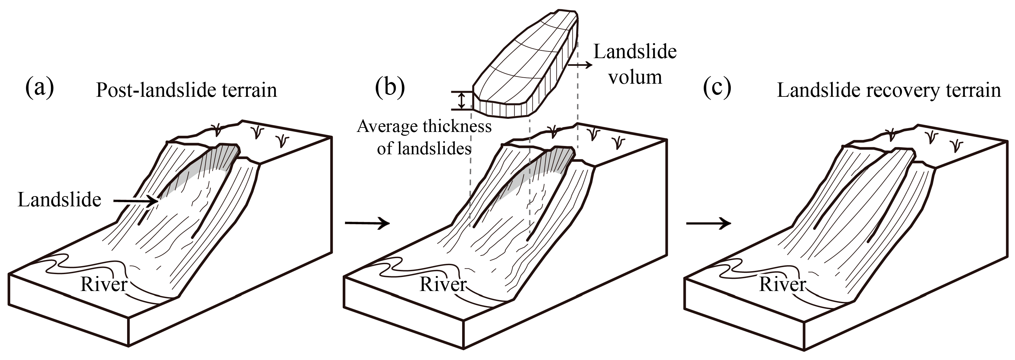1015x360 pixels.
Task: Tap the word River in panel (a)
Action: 103,284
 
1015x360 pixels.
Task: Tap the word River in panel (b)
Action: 443,284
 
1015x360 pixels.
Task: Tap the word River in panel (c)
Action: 782,284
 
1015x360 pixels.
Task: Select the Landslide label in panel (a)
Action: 59,200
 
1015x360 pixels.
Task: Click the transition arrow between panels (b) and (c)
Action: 708,223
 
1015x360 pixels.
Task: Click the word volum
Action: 635,77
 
